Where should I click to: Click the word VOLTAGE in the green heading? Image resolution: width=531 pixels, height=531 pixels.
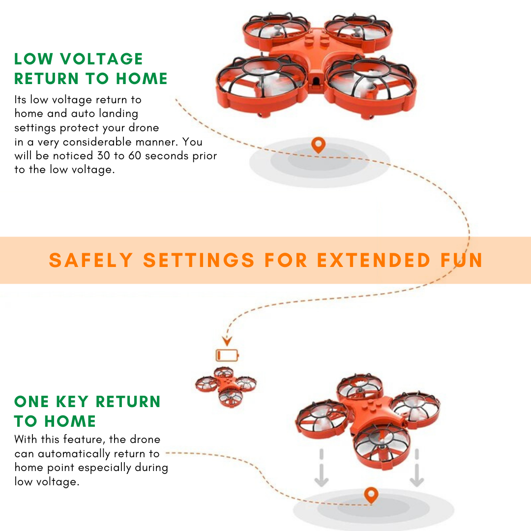102,59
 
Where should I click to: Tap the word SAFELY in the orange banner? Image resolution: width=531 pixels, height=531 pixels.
91,260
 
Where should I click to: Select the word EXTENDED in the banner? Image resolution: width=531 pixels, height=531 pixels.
374,260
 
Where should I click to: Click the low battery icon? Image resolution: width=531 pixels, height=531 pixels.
227,355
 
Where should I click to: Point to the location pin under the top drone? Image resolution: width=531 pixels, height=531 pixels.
318,145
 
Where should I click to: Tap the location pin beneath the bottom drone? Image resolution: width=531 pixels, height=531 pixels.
371,495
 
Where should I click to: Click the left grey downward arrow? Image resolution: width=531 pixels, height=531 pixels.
322,468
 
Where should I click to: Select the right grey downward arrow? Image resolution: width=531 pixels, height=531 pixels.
417,468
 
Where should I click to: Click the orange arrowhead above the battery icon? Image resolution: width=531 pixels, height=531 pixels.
227,341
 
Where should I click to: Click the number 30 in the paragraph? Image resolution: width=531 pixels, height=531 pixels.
104,155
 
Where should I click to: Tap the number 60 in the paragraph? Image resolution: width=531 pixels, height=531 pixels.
134,155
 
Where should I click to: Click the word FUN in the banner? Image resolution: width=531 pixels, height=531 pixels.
462,260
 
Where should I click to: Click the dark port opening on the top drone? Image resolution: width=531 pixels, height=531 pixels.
316,81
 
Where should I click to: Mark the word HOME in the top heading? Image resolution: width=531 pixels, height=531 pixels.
142,79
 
